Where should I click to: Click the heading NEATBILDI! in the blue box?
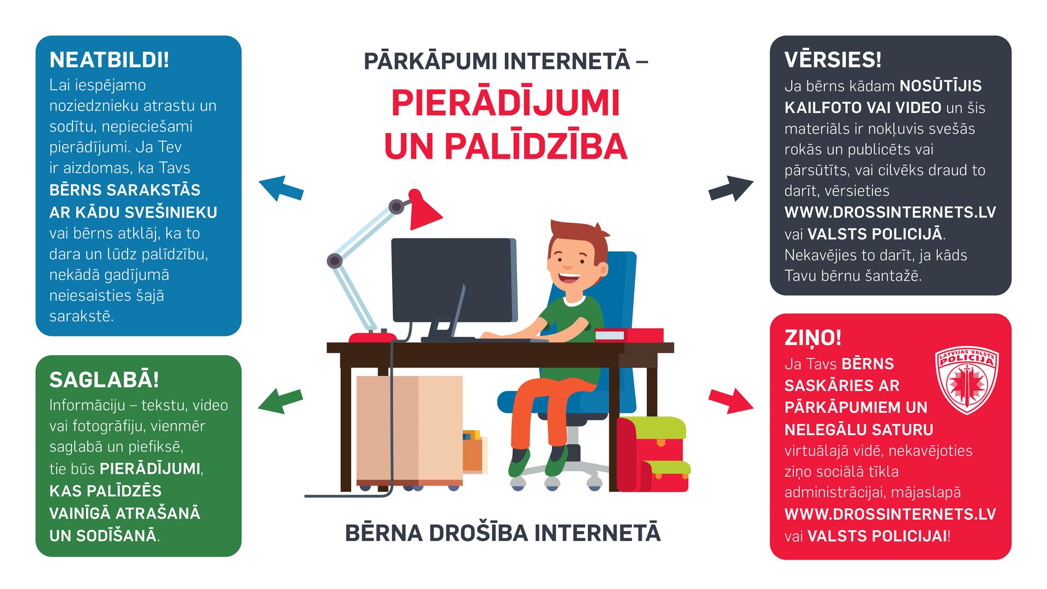[x=109, y=60]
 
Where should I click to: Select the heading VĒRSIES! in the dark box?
[x=833, y=59]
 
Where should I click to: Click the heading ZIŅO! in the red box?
[x=813, y=338]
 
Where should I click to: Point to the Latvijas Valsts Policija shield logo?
[x=967, y=380]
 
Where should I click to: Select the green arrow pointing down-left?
[x=280, y=401]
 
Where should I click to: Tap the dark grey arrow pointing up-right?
[x=731, y=189]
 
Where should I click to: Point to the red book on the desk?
[x=629, y=335]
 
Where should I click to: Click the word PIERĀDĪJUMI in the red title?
[x=506, y=103]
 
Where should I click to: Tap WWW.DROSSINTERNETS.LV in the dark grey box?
[x=890, y=212]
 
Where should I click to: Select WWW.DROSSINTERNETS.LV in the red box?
[x=890, y=514]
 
